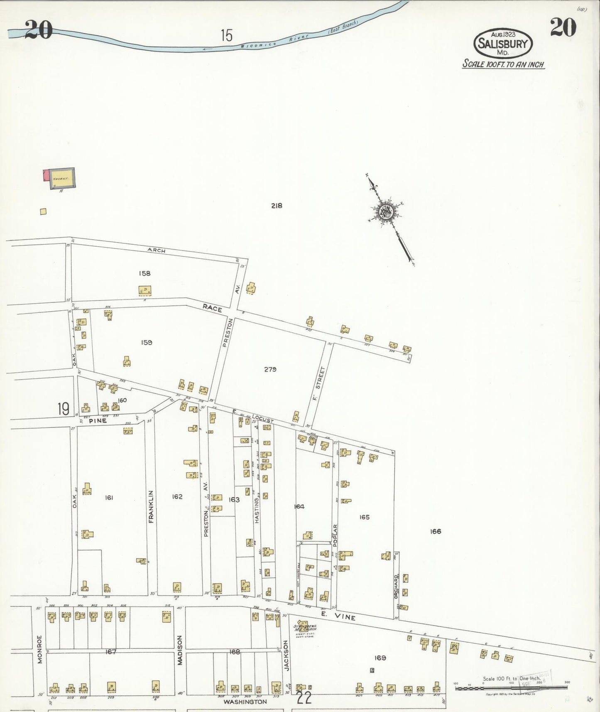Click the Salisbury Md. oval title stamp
pos(503,43)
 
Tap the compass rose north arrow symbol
pos(386,212)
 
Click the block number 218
pos(277,206)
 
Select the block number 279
pos(270,369)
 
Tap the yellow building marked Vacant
pos(63,179)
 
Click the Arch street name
pos(156,250)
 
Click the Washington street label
pos(245,702)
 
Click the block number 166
pos(436,531)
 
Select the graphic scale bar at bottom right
pos(511,688)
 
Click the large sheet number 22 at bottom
pos(304,698)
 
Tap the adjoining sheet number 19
pos(64,409)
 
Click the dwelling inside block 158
pos(144,290)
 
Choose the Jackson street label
pos(286,655)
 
